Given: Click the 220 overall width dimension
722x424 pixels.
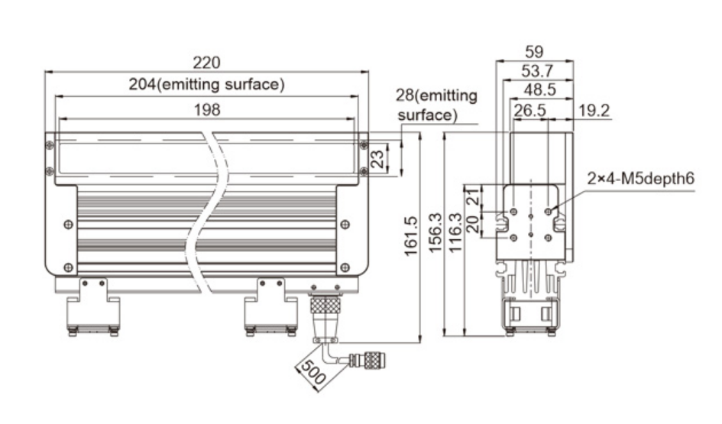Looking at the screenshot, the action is point(206,62).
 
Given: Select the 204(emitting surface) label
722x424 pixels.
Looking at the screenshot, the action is point(206,84).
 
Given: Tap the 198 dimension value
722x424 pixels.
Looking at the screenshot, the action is point(207,110).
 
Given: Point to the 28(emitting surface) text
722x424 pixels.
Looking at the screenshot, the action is point(436,105).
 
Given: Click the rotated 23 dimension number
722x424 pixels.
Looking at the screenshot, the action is point(377,160).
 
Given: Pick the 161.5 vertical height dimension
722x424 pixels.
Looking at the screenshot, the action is point(410,236).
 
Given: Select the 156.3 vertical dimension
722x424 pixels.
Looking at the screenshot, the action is point(435,232).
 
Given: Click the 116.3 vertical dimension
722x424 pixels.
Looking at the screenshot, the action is point(455,232).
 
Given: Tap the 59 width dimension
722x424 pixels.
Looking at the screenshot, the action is point(534,51).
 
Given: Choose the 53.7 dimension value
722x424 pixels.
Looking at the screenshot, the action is point(537,71).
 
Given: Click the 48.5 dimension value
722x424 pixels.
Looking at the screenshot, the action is point(539,90).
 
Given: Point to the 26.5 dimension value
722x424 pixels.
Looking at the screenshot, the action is point(529,111).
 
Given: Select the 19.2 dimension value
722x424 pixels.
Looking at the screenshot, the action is point(594,111).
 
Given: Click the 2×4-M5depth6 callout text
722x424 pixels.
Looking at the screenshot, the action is point(640,178).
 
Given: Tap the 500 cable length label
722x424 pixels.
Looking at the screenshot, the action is point(313,372).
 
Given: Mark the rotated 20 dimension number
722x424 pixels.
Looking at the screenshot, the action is point(473,224).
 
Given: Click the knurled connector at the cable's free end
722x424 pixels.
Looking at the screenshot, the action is point(367,360).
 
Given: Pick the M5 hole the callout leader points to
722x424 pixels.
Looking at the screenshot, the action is point(548,212).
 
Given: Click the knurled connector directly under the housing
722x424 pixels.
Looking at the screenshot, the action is point(325,306).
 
